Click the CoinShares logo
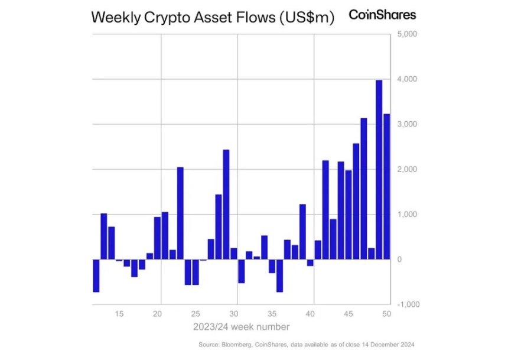[382, 15]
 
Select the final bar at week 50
[386, 186]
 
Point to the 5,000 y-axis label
[407, 34]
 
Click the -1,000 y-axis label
[408, 304]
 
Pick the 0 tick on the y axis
[399, 260]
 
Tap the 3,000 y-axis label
[407, 124]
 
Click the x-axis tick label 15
[119, 314]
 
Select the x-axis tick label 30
[233, 314]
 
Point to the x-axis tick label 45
[349, 314]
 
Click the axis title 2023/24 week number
[242, 326]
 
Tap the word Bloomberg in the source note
[236, 345]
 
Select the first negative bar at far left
[96, 275]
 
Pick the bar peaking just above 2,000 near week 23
[180, 213]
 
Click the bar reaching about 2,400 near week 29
[226, 205]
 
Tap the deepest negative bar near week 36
[279, 275]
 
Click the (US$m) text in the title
[307, 18]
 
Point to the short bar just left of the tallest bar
[372, 254]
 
